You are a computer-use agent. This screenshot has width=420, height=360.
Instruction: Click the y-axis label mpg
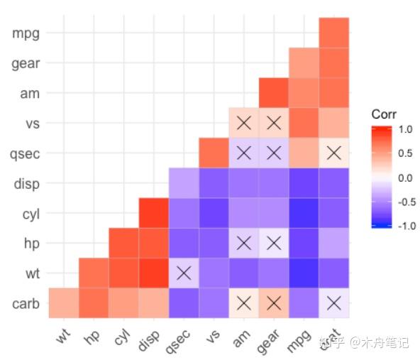click(25, 33)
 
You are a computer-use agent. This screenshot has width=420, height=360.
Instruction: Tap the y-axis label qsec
click(25, 153)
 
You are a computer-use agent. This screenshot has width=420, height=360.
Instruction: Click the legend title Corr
click(384, 114)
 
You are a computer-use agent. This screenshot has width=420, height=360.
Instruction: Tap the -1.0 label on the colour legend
click(402, 226)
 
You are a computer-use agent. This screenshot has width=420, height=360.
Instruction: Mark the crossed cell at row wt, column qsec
click(184, 272)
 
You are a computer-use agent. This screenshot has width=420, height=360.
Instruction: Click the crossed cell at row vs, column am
click(244, 123)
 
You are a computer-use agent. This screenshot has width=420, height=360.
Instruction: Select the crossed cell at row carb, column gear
click(274, 302)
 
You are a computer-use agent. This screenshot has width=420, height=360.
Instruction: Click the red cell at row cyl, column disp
click(153, 212)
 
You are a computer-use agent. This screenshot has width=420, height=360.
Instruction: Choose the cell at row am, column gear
click(274, 92)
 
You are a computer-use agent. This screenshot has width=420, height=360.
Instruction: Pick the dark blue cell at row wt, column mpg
click(304, 272)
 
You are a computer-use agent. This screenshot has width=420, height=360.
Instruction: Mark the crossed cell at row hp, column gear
click(274, 242)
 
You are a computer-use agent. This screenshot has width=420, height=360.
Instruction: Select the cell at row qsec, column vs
click(214, 153)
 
